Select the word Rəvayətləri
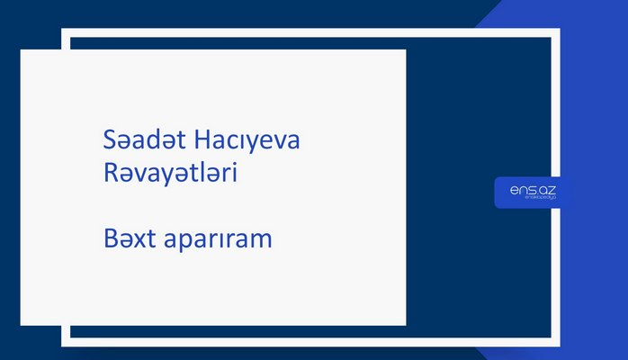tap(170, 175)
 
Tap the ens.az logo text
tap(526, 190)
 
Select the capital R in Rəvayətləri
tap(111, 175)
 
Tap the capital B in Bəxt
tap(111, 241)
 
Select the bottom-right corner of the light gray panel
tap(405, 324)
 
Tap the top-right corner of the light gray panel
tap(405, 50)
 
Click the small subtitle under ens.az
tap(526, 200)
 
